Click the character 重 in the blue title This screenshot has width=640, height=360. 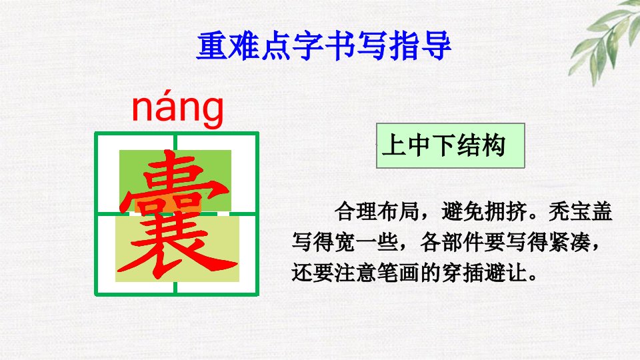click(212, 46)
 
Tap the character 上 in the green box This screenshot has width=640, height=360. click(394, 145)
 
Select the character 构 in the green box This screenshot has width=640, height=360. click(493, 145)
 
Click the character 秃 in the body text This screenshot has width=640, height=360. click(559, 211)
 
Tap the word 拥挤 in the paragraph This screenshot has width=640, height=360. click(505, 211)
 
